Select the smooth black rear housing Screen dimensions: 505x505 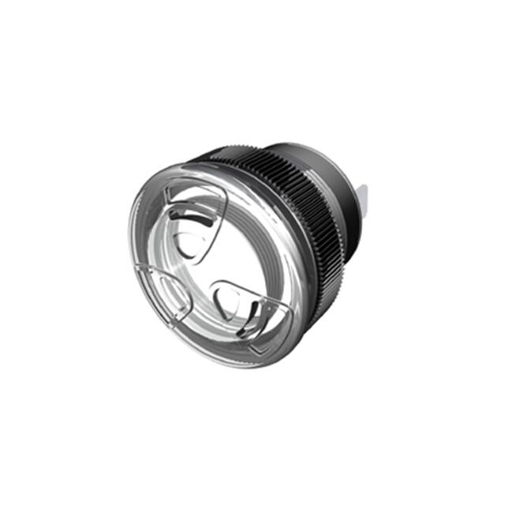341,189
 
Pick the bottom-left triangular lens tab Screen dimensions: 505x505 163,295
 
